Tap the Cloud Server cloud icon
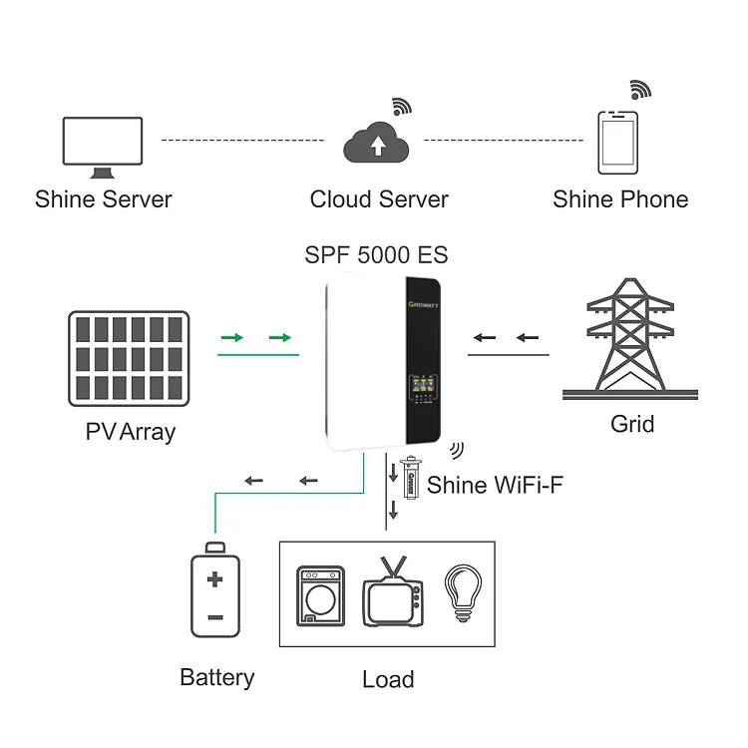coord(377,144)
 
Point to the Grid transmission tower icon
coord(628,339)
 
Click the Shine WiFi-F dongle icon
coord(410,480)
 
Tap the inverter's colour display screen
coord(419,384)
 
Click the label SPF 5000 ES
coord(376,255)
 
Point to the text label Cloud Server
coord(379,199)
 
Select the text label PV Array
coord(130,432)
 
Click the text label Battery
coord(216,678)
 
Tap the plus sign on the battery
coord(215,579)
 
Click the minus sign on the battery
coord(215,617)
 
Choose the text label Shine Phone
coord(620,199)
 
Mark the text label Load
coord(387,680)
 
